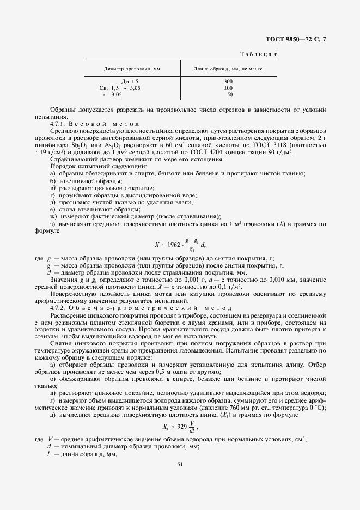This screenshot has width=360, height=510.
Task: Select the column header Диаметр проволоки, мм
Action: [x=132, y=69]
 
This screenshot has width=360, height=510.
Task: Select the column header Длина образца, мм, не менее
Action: [x=228, y=69]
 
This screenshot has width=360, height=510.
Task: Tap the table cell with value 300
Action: [x=228, y=81]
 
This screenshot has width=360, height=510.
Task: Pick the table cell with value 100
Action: [x=228, y=88]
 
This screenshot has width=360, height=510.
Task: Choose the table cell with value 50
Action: [x=229, y=94]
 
